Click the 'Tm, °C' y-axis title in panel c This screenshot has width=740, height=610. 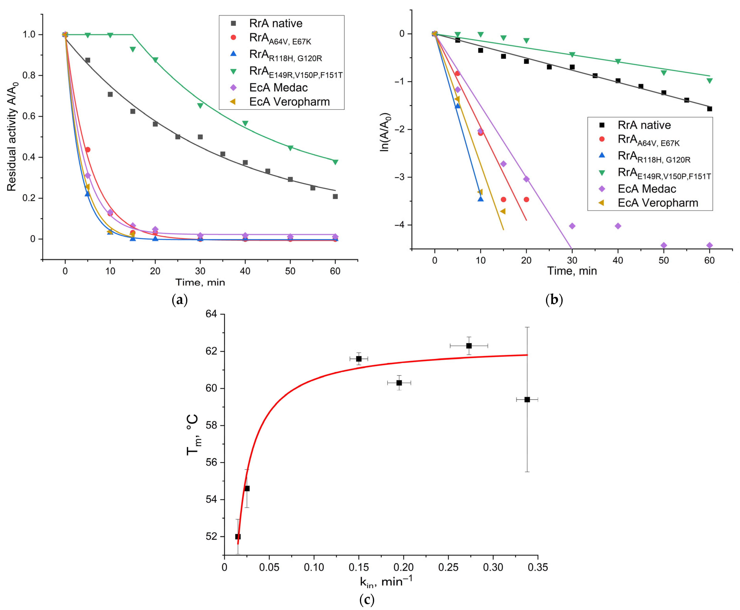coord(193,435)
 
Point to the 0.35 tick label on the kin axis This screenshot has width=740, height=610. coord(537,567)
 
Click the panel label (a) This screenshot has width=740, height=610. coord(180,300)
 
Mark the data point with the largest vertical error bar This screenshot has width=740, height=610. coord(527,400)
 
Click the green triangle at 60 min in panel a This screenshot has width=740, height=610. coord(335,162)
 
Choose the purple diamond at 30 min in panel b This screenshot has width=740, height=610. coord(572,226)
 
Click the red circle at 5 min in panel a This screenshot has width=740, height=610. coord(88,150)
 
